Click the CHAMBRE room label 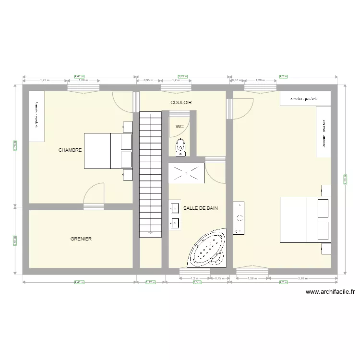tap(70, 150)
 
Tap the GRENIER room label tap(81, 239)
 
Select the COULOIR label tap(181, 103)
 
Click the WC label tap(180, 127)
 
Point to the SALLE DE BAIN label tap(201, 208)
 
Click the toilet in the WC tap(180, 147)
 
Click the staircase tap(151, 173)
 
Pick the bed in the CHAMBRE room tap(108, 151)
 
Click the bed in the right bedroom tap(304, 219)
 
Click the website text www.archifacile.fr tap(330, 291)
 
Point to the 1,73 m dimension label tap(44, 80)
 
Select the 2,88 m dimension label tap(302, 278)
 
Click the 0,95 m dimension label tap(149, 80)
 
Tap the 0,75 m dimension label tap(220, 278)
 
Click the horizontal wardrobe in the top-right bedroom tap(305, 99)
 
